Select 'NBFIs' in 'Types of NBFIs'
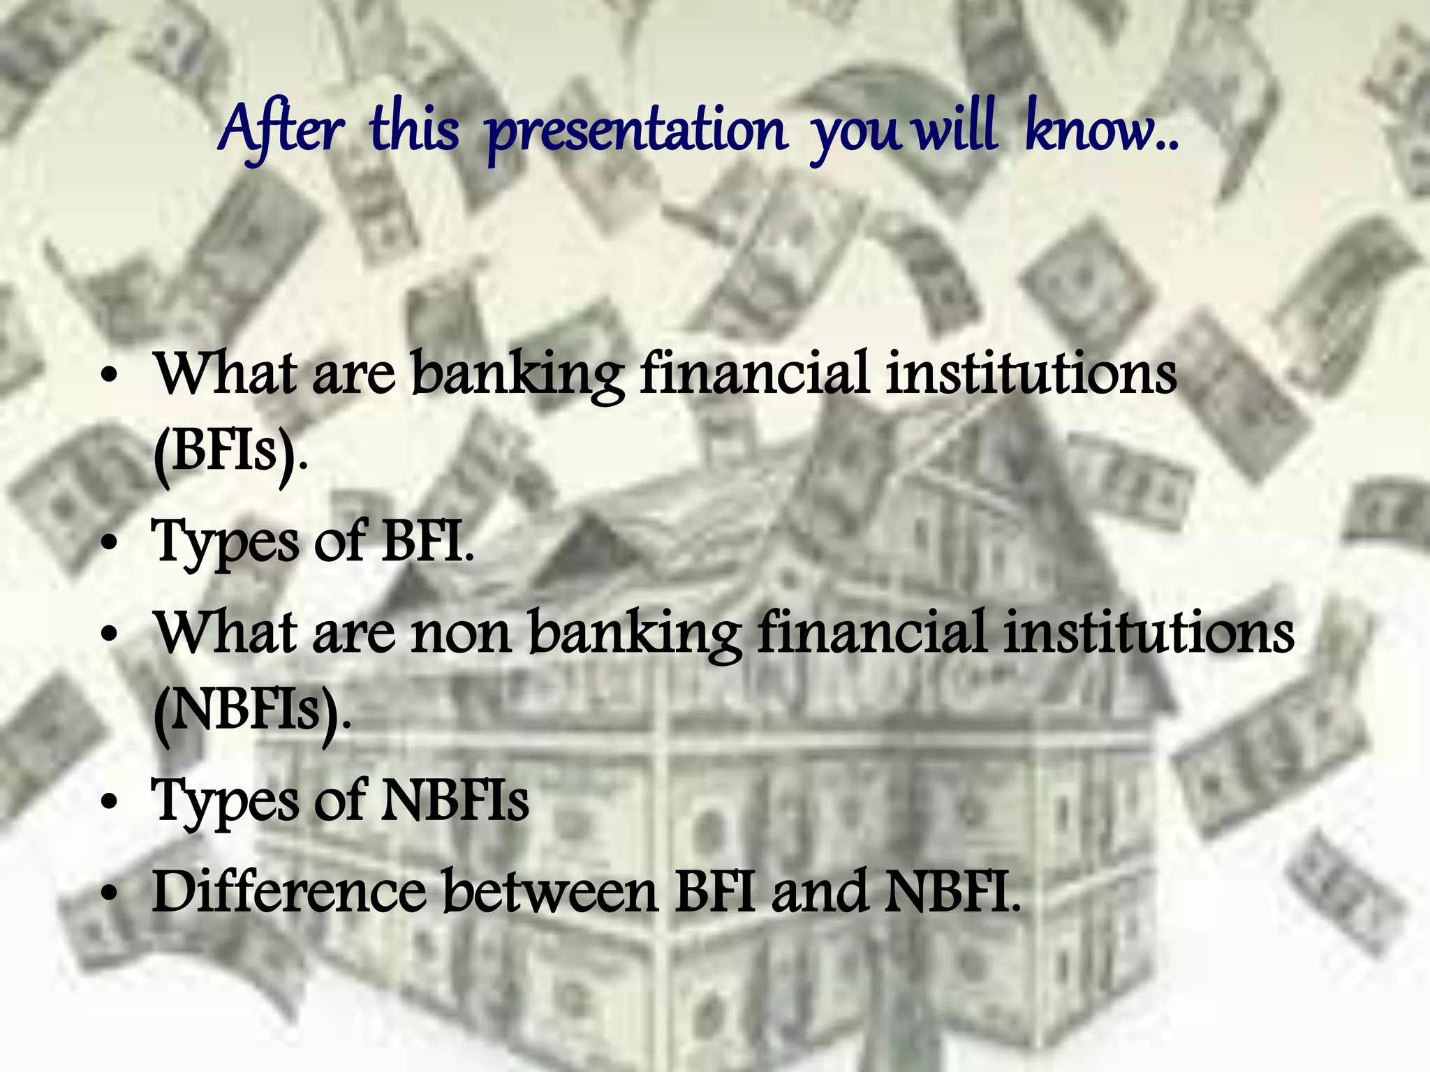tap(455, 801)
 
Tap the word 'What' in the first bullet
tap(226, 373)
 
